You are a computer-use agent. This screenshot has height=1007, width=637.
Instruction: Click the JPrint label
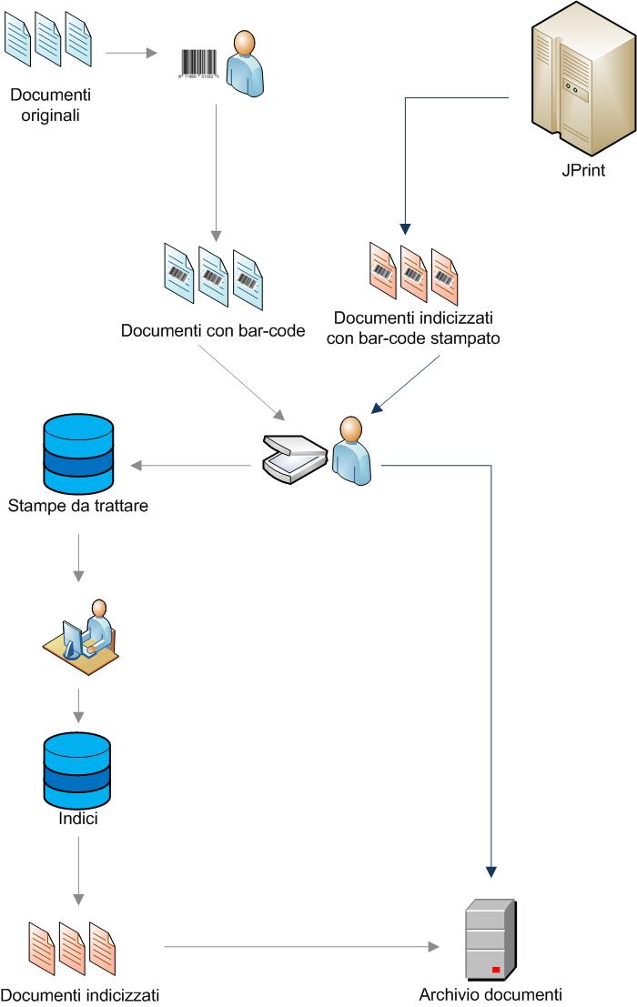click(x=583, y=169)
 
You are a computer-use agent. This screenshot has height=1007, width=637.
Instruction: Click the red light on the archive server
click(x=497, y=968)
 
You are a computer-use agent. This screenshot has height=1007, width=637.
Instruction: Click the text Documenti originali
click(x=52, y=104)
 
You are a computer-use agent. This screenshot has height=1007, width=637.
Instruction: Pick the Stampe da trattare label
click(x=77, y=505)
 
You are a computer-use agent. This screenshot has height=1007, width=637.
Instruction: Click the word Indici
click(x=77, y=818)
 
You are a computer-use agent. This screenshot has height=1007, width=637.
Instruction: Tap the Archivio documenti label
click(x=490, y=994)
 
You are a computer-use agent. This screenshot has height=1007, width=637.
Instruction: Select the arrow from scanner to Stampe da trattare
click(x=191, y=467)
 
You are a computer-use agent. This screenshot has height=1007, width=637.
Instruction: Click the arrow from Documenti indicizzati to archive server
click(x=300, y=947)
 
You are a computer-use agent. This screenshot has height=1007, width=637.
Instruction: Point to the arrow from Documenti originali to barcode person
click(x=132, y=53)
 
